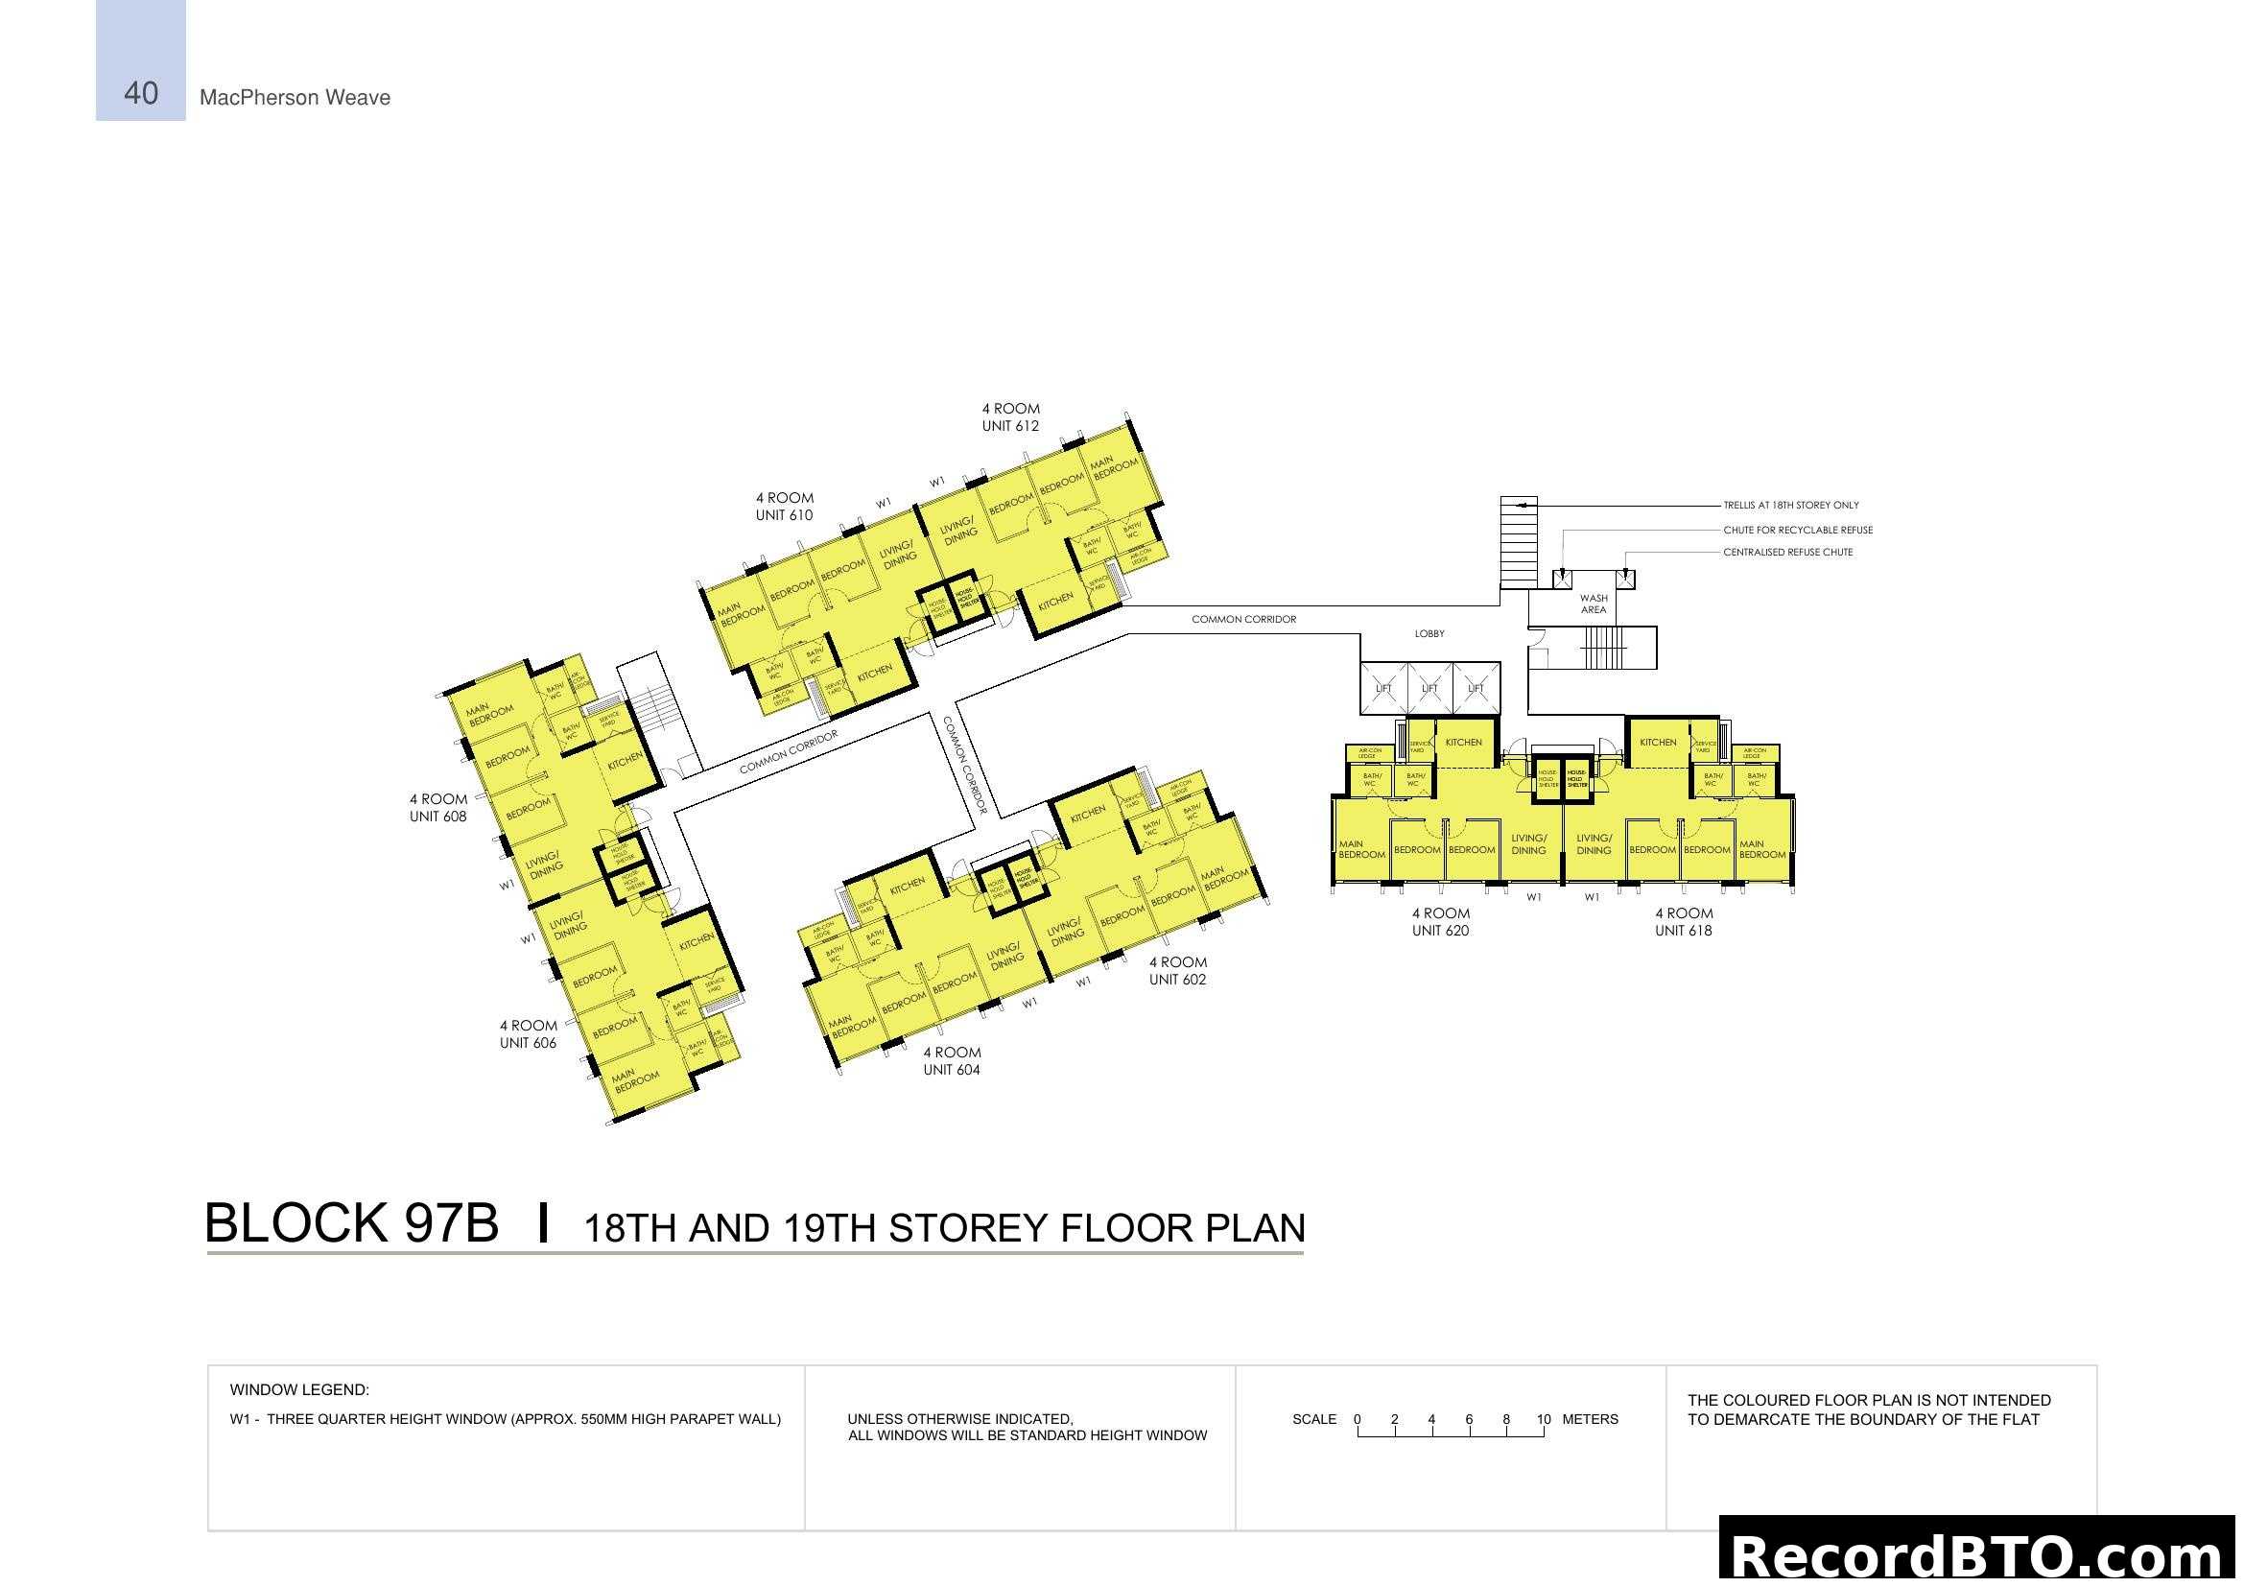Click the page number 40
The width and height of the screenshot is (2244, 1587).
[x=141, y=94]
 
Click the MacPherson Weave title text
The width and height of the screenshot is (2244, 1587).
[x=295, y=98]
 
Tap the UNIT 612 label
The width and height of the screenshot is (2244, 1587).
[x=1010, y=426]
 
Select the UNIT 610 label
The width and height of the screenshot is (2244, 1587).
[x=784, y=515]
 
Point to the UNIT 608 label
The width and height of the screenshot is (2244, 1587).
[x=437, y=816]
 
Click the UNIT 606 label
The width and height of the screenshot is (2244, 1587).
[x=528, y=1043]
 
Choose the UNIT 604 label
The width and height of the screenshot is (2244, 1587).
[x=951, y=1069]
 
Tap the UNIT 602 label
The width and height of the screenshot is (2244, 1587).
[x=1177, y=980]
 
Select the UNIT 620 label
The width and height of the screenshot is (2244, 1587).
[x=1440, y=931]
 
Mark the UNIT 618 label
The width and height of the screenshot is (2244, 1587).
[x=1683, y=931]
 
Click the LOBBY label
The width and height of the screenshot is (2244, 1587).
[x=1429, y=634]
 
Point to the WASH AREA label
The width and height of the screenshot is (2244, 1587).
[x=1594, y=604]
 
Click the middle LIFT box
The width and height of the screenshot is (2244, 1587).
[x=1429, y=688]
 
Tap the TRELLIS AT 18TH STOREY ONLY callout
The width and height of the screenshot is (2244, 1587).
[x=1790, y=506]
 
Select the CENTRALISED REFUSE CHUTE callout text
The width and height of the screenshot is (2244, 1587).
[x=1787, y=552]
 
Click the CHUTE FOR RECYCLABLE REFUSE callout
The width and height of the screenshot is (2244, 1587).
[x=1797, y=530]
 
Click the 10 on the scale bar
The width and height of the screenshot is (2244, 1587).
[x=1544, y=1419]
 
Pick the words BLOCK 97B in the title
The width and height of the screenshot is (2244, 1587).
[x=351, y=1223]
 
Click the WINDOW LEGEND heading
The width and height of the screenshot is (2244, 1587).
[x=299, y=1389]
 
